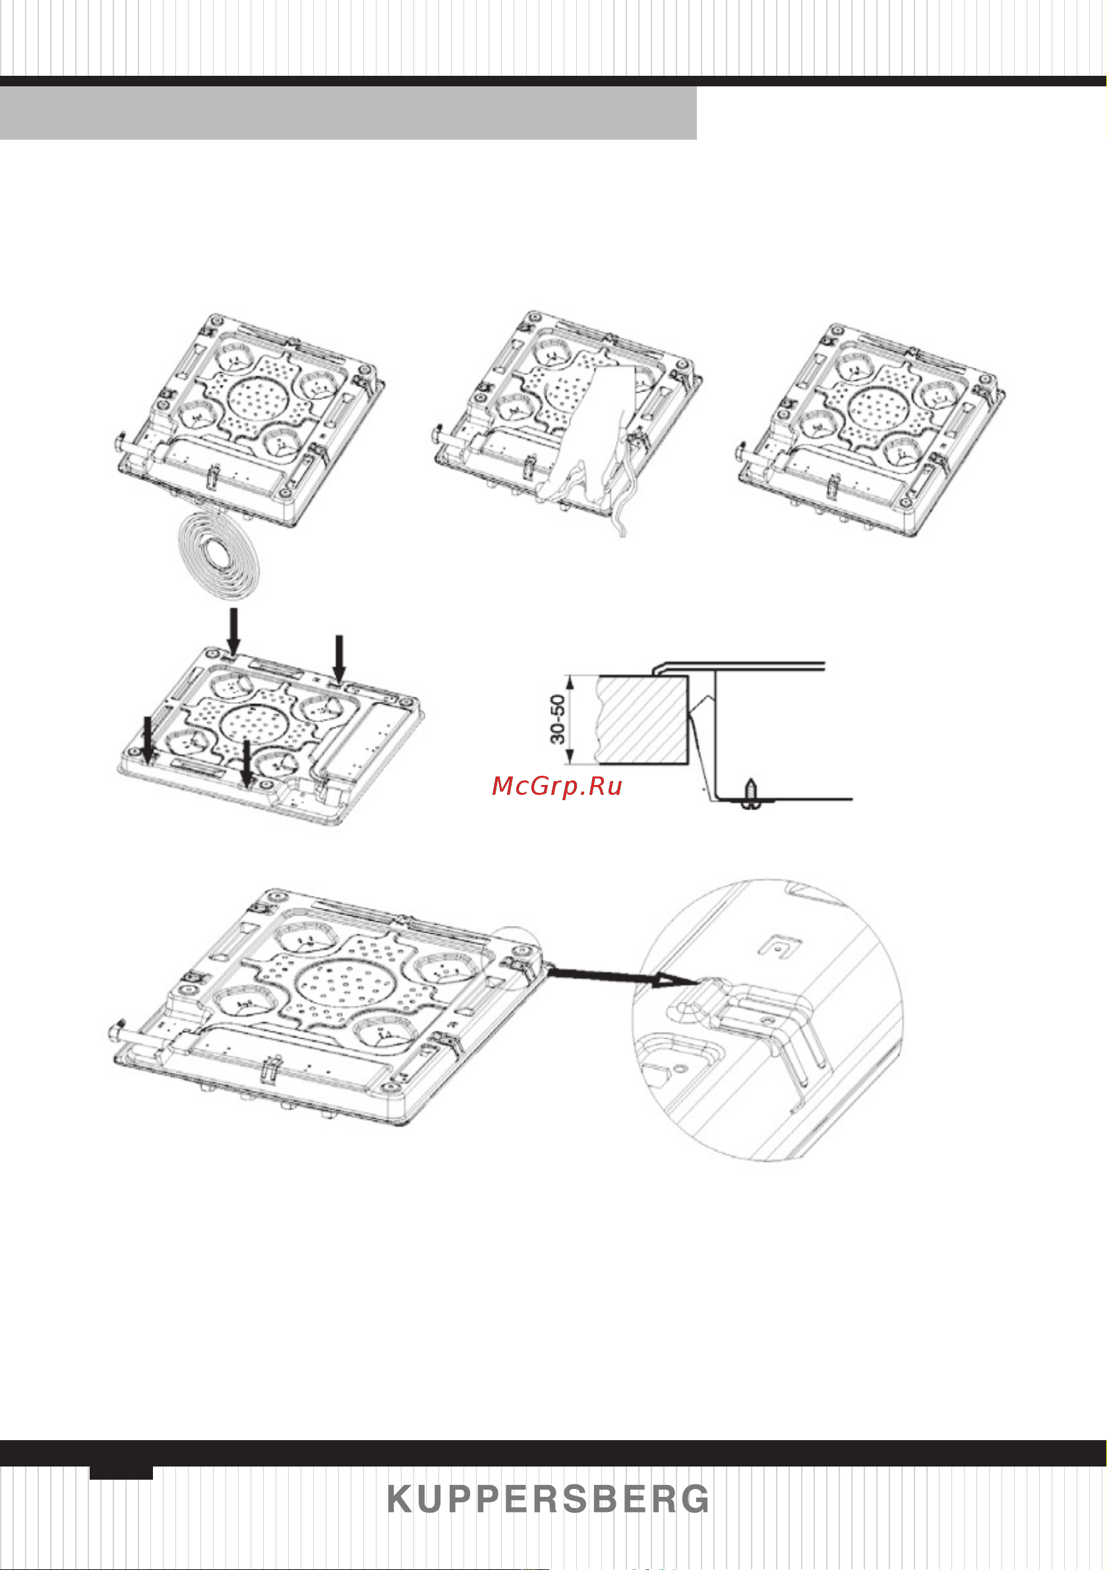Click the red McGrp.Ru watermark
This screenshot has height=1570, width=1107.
point(557,786)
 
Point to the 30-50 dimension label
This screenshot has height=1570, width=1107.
point(558,718)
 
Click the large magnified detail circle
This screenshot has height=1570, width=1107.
point(767,1020)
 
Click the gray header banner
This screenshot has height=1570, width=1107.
point(348,113)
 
